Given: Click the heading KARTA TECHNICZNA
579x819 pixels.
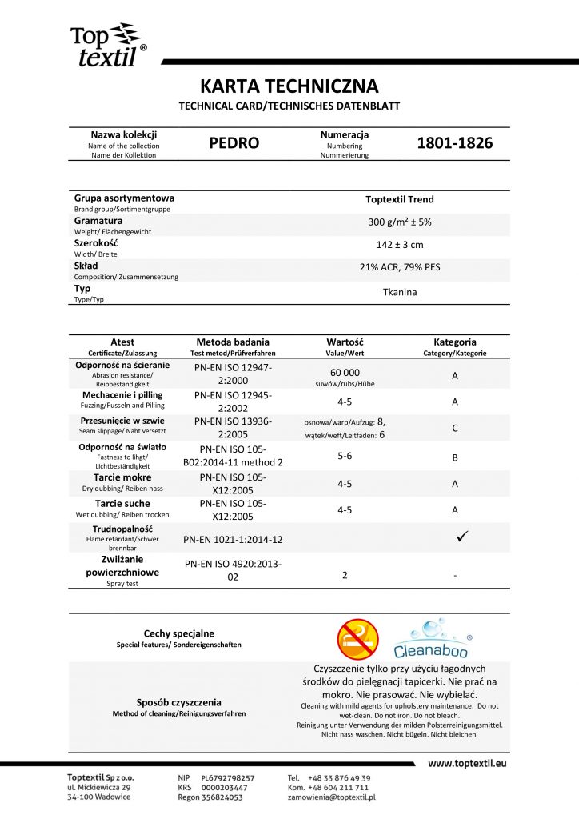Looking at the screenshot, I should [x=289, y=86].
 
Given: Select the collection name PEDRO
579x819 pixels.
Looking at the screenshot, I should [x=234, y=144].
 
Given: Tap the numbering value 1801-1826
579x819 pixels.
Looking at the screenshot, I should [x=455, y=144].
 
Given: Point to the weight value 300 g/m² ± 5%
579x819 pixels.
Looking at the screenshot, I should [x=400, y=222].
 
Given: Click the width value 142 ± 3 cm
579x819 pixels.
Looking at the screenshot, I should [x=400, y=245].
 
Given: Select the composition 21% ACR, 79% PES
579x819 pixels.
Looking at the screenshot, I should [x=400, y=268].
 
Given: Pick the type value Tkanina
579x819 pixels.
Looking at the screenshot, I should [x=400, y=292].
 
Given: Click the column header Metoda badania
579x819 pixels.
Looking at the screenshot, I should [x=233, y=342].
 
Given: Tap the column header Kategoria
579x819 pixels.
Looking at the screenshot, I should [x=454, y=342].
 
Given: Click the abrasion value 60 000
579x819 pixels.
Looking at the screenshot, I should [x=345, y=372].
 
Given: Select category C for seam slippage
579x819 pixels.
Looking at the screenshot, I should [x=454, y=428].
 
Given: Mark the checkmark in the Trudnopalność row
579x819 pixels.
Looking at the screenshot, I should [x=462, y=537].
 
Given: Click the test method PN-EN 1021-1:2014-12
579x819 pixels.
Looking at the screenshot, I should [x=233, y=540].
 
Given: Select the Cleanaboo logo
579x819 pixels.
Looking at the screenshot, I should [x=433, y=637].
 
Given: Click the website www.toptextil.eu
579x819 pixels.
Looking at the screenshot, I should [x=467, y=764].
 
